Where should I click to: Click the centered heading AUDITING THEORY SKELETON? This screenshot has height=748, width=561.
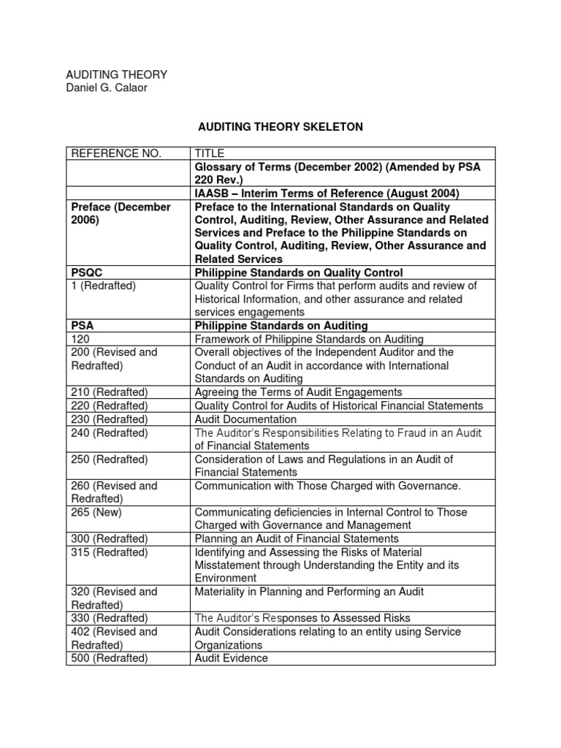coord(280,127)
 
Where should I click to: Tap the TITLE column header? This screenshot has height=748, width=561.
coord(210,153)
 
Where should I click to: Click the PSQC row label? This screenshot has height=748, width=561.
coord(88,272)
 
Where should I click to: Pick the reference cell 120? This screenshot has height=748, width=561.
coord(80,339)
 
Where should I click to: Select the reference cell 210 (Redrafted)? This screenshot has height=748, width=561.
coord(110,392)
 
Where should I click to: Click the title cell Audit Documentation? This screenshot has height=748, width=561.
coord(245,419)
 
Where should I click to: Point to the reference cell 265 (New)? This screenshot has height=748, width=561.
coord(96,512)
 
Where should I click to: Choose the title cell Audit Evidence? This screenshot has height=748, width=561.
coord(231,658)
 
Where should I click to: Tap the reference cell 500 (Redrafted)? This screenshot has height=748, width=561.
coord(110,658)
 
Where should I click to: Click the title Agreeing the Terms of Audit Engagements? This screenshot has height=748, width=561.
coord(298,392)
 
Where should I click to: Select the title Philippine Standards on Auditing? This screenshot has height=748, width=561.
coord(280,326)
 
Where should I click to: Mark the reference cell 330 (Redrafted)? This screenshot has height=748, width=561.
coord(110,618)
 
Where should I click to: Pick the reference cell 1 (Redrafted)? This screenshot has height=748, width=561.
coord(104,286)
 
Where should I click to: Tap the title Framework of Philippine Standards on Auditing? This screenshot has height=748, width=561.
coord(308,339)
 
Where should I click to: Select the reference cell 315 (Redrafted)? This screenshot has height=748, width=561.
coord(110,552)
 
